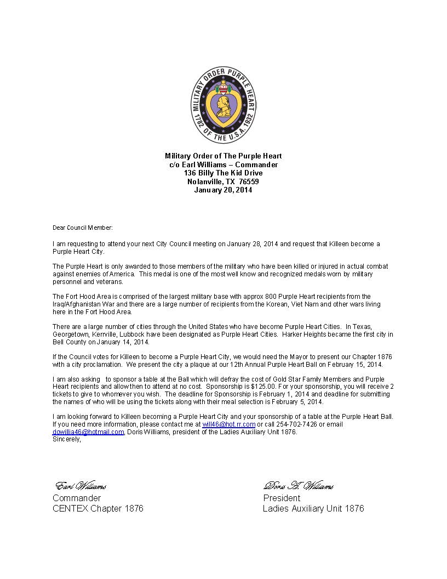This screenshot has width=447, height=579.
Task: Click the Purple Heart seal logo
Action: [224, 106]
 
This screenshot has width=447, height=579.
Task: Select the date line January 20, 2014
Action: [224, 190]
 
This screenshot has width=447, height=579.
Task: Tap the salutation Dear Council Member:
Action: [82, 228]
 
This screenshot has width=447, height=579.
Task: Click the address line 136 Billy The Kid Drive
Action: [224, 173]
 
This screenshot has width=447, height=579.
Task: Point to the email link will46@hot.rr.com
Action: [228, 424]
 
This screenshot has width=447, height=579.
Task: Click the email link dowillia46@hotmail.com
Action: [88, 432]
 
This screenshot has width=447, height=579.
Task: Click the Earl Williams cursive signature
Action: [81, 486]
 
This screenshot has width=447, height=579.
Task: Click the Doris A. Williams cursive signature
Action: [299, 486]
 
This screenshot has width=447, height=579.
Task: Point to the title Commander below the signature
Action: [77, 498]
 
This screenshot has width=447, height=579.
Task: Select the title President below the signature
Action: [282, 498]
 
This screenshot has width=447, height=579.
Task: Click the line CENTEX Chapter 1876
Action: [98, 508]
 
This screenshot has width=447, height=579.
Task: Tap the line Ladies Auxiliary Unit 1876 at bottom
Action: [313, 508]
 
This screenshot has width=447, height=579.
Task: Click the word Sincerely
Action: [66, 439]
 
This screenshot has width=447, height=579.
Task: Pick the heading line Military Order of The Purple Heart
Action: [224, 156]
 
